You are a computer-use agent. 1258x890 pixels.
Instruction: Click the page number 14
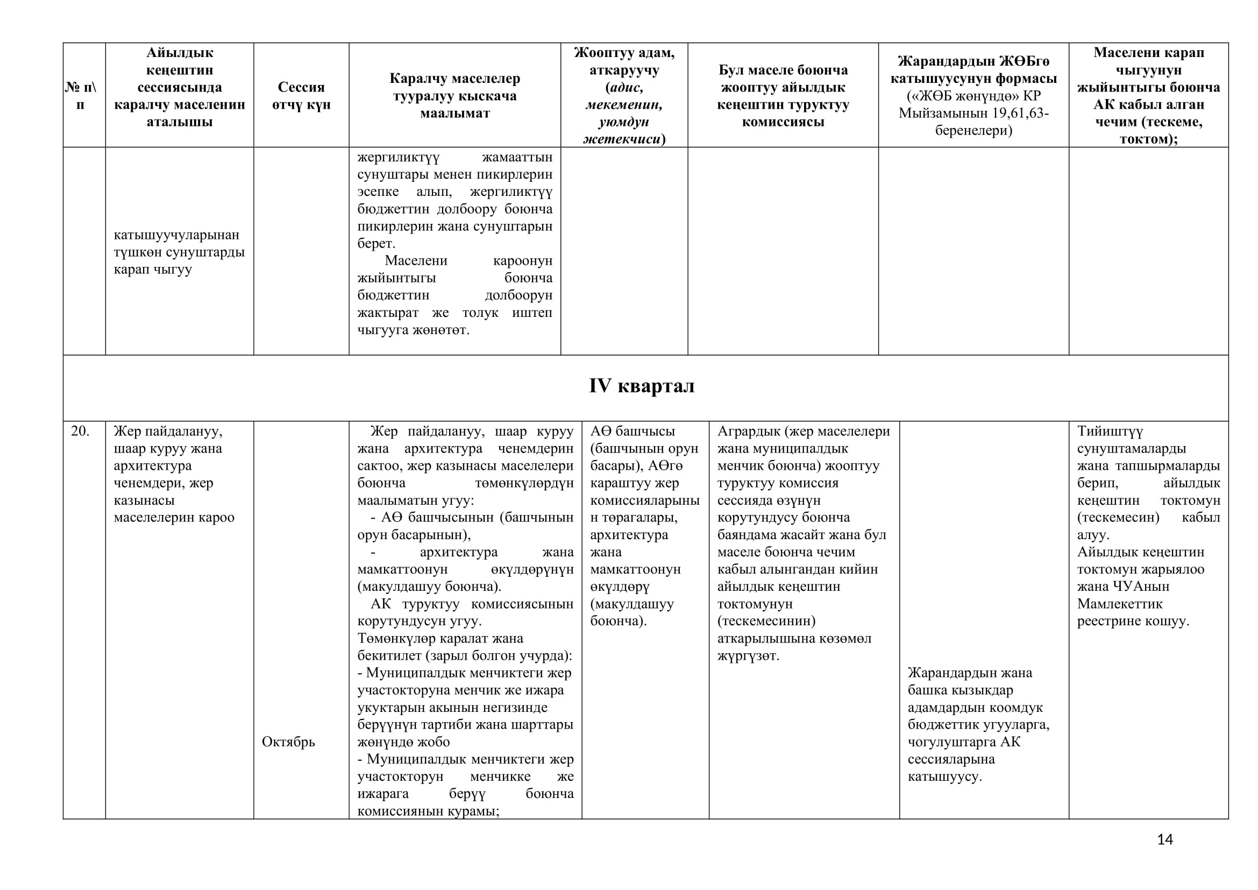click(1165, 839)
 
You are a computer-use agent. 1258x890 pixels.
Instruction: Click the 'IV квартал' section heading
click(642, 386)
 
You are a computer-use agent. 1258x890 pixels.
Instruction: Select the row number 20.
click(80, 432)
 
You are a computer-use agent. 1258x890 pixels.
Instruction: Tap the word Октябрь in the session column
click(288, 742)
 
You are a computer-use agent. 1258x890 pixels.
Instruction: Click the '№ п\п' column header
click(81, 95)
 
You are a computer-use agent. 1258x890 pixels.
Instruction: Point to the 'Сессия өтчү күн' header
click(301, 95)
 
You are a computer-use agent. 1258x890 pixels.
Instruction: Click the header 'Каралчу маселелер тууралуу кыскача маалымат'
click(455, 95)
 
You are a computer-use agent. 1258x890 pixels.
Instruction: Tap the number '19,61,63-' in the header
click(1014, 113)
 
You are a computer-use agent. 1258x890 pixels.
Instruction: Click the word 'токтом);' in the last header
click(1148, 139)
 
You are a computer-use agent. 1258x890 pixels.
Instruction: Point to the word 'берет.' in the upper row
click(376, 243)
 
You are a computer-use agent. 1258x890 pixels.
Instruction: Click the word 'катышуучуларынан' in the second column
click(176, 235)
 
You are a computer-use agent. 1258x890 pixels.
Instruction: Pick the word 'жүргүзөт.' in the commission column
click(748, 655)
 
